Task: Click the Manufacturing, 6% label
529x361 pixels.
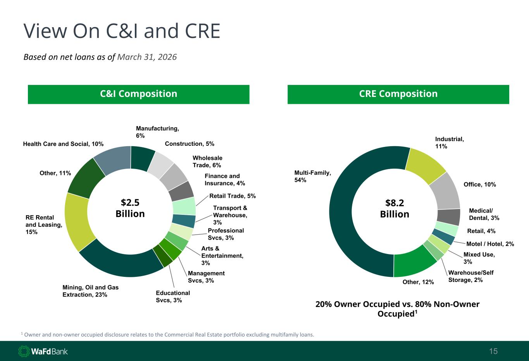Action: (x=157, y=132)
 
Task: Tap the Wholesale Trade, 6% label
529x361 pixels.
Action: (x=207, y=161)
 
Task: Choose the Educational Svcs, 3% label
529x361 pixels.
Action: (x=172, y=297)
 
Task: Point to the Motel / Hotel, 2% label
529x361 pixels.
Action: (x=490, y=244)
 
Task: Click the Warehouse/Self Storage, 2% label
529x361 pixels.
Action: (x=471, y=276)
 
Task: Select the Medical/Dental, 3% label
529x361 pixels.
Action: (x=484, y=214)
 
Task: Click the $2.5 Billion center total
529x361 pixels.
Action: (x=130, y=208)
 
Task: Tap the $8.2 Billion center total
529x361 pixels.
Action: (x=395, y=209)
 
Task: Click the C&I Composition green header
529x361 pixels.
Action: (x=139, y=94)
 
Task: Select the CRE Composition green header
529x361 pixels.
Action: (x=398, y=94)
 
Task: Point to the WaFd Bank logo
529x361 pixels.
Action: (x=43, y=351)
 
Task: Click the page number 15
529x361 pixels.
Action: (x=493, y=351)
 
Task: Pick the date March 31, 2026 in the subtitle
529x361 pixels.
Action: (x=147, y=57)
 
